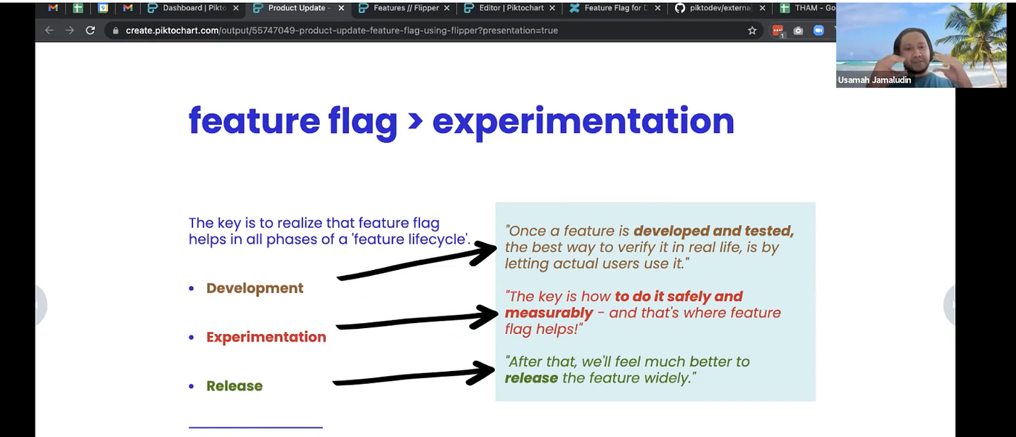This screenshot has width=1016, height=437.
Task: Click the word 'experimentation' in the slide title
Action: click(583, 121)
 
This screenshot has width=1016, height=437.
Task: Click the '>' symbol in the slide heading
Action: click(414, 121)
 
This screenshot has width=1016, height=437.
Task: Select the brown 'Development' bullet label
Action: click(255, 288)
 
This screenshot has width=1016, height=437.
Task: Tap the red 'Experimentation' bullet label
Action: click(266, 337)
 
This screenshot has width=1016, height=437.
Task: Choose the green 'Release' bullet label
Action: click(234, 386)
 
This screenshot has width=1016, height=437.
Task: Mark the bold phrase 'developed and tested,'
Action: click(713, 232)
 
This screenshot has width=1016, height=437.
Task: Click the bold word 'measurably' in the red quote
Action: click(549, 313)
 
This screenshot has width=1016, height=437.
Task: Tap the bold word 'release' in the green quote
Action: click(531, 377)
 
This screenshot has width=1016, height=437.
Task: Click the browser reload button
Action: click(90, 30)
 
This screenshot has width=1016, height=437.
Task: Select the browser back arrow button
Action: click(49, 30)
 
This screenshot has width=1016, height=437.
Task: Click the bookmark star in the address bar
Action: click(753, 30)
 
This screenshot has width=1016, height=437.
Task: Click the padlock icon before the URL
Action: click(115, 30)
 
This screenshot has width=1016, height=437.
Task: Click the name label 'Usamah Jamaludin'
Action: click(874, 80)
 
